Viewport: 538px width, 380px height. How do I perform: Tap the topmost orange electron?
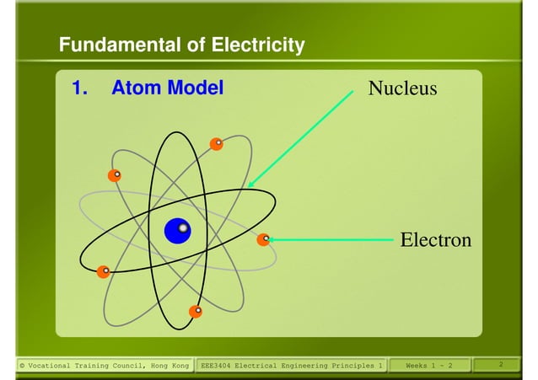point(216,144)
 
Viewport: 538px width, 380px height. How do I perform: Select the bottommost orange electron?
point(196,311)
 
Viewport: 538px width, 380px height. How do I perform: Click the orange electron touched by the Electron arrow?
point(263,240)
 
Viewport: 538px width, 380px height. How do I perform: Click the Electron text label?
point(435,240)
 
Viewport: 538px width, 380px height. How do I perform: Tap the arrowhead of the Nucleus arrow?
point(250,183)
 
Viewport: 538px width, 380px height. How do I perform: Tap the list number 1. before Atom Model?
point(79,88)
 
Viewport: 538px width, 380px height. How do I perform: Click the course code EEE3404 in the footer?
point(215,366)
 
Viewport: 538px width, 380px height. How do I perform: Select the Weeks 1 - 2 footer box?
point(428,366)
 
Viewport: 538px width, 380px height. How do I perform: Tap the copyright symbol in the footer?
point(22,366)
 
